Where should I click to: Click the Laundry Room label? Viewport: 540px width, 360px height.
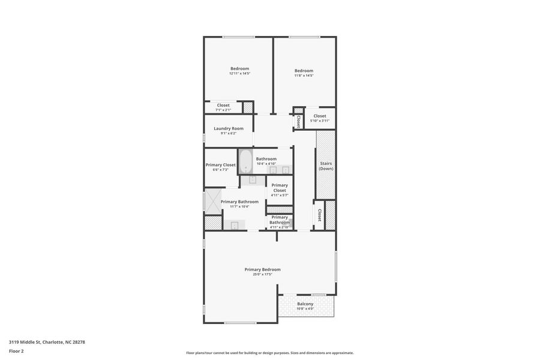(229, 128)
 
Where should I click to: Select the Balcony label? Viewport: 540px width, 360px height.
(305, 304)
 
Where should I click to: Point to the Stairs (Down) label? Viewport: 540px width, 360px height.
(326, 166)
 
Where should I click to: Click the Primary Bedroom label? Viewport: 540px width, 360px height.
(262, 269)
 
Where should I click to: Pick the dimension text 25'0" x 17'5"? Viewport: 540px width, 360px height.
(262, 274)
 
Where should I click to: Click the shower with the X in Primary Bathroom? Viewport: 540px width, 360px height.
(213, 201)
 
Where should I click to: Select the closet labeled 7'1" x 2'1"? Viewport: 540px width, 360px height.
(223, 107)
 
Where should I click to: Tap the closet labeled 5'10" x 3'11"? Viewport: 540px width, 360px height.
(319, 118)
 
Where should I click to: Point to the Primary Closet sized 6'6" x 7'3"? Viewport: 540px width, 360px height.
(221, 167)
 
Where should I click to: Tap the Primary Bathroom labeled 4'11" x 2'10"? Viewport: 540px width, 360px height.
(280, 222)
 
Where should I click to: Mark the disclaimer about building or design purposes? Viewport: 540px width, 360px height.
(269, 353)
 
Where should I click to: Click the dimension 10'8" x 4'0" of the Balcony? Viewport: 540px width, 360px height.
(305, 309)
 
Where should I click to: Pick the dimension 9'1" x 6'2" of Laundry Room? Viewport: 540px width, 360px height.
(229, 133)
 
